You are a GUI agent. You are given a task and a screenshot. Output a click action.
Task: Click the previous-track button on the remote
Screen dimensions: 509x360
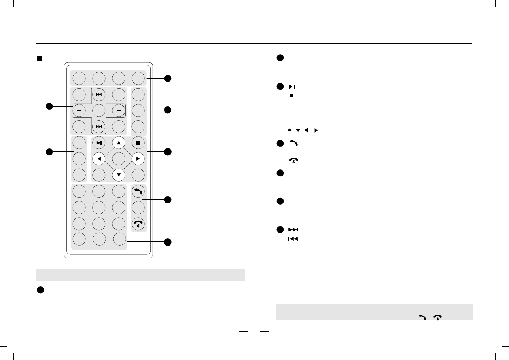pos(99,94)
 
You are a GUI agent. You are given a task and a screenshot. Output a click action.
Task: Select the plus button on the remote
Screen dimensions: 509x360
pos(119,110)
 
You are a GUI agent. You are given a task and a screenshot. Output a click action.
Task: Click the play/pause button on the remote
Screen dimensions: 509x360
pos(99,143)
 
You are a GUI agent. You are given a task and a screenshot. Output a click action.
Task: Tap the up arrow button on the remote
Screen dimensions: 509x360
pos(119,142)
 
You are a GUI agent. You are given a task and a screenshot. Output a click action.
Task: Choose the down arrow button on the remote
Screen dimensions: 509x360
pos(119,175)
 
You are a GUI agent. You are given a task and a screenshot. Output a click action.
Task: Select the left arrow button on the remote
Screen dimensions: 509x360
pos(99,159)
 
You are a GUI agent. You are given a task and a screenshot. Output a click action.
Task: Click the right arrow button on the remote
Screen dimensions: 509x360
pos(138,159)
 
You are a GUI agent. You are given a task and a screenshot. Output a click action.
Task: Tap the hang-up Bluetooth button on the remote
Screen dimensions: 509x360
pos(138,224)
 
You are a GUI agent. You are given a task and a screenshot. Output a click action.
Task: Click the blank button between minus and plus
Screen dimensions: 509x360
pos(99,110)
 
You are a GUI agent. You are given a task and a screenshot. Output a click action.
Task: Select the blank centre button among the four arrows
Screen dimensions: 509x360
pos(119,159)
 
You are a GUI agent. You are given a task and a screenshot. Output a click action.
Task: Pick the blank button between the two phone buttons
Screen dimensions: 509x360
pos(138,208)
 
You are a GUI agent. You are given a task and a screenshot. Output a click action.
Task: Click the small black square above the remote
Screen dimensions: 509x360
pos(40,58)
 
